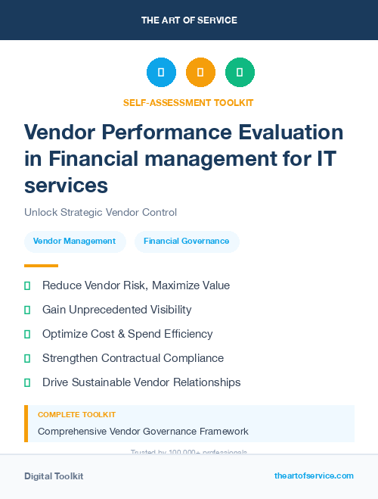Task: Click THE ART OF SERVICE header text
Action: [189, 20]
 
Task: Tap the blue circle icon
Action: [161, 73]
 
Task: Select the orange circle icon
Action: [200, 73]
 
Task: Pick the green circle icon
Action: [240, 73]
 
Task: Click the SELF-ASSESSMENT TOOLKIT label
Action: [188, 102]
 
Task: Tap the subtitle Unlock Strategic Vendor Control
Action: [101, 212]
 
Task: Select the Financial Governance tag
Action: [187, 242]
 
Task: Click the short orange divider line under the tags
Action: [41, 266]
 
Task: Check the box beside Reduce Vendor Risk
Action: [27, 285]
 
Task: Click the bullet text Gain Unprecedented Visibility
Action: [116, 310]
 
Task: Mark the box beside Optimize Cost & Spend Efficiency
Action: [27, 334]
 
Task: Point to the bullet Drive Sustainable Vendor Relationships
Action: [141, 382]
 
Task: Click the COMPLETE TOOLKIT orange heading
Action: [76, 415]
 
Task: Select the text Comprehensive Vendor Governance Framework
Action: [143, 432]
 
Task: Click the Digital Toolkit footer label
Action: [54, 476]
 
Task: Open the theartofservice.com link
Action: [314, 476]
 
